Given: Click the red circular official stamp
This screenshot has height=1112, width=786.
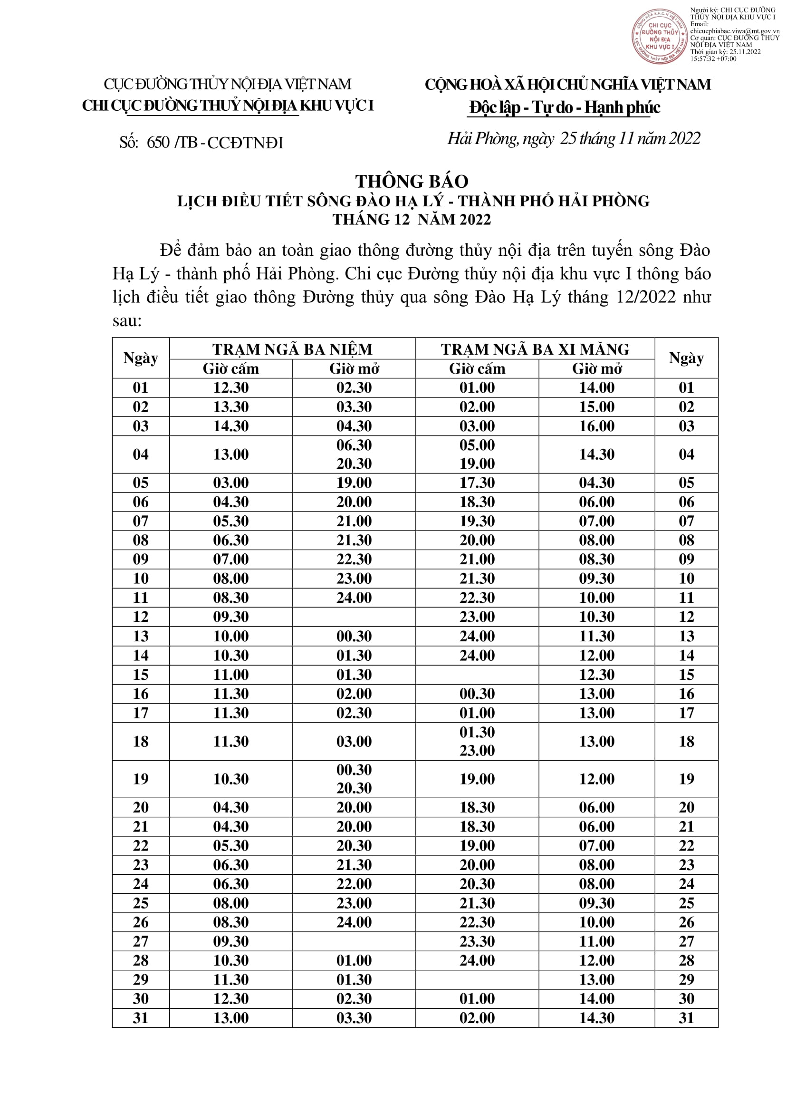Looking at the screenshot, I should [659, 36].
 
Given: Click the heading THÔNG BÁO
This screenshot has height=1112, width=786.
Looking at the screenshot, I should [412, 181].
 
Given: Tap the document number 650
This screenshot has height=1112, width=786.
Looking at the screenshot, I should [158, 143].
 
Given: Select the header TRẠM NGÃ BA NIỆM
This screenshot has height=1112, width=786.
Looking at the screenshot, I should [292, 349].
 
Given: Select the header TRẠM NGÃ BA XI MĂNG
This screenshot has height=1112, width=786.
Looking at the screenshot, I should [535, 349].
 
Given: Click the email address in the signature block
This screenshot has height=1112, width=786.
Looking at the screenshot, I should [735, 31].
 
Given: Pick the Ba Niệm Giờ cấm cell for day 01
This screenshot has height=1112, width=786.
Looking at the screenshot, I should [231, 387].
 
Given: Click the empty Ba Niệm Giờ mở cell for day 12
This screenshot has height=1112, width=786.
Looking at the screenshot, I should [354, 617].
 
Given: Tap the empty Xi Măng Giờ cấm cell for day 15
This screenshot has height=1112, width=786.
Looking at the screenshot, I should [477, 674].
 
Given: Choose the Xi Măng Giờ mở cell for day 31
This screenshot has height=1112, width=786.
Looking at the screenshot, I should [597, 1017].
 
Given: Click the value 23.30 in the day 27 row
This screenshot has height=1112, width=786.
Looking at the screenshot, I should [477, 941].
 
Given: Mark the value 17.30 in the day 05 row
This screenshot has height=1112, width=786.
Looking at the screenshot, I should [477, 483].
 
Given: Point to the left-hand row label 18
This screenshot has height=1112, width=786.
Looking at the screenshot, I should [140, 741].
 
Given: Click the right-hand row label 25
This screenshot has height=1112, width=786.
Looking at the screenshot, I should [686, 903].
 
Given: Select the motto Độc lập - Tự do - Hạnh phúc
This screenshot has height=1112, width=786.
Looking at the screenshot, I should [565, 107].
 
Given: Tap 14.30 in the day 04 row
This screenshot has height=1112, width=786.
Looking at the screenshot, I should [597, 454].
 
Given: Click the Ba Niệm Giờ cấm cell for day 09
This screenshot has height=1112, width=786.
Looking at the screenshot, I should [231, 559].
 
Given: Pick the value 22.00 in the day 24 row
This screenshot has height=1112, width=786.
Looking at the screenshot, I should [354, 884].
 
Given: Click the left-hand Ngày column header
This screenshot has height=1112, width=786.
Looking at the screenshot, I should [140, 358].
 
